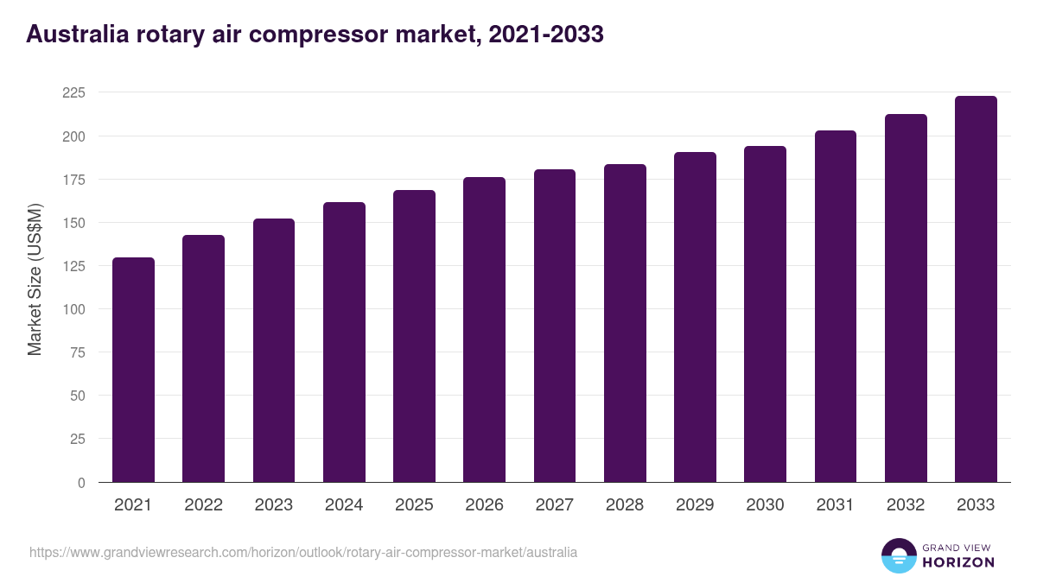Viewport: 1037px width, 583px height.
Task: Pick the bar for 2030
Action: [x=766, y=314]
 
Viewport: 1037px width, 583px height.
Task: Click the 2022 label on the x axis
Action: [x=203, y=505]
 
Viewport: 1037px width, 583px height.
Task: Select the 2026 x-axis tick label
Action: [x=484, y=505]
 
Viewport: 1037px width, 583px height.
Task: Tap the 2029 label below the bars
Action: [x=695, y=505]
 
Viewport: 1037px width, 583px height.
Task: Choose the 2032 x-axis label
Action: [x=906, y=505]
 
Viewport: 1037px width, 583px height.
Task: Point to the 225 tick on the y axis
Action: [x=74, y=93]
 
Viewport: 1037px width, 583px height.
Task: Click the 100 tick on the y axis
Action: [x=74, y=309]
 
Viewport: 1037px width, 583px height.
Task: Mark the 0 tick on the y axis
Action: [x=81, y=483]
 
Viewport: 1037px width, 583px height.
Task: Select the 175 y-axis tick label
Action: [x=74, y=180]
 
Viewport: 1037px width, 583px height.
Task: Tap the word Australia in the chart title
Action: [x=77, y=35]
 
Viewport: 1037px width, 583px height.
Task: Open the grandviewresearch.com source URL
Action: [x=303, y=552]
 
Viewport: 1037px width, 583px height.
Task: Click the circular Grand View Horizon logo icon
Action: [x=899, y=556]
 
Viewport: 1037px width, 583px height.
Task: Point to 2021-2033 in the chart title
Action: [x=545, y=35]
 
